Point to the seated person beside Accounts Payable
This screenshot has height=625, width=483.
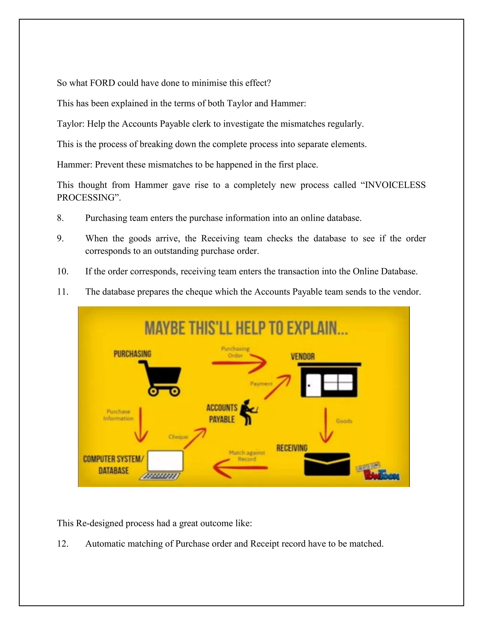tap(248, 412)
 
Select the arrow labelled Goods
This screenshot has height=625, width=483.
tap(326, 425)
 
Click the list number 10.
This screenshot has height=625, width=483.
tap(63, 271)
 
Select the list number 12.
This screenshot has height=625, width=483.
tap(63, 543)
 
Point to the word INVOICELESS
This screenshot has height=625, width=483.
tap(395, 185)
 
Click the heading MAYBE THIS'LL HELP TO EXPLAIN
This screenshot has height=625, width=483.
tap(246, 328)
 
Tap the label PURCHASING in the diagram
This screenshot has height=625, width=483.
tap(132, 354)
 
